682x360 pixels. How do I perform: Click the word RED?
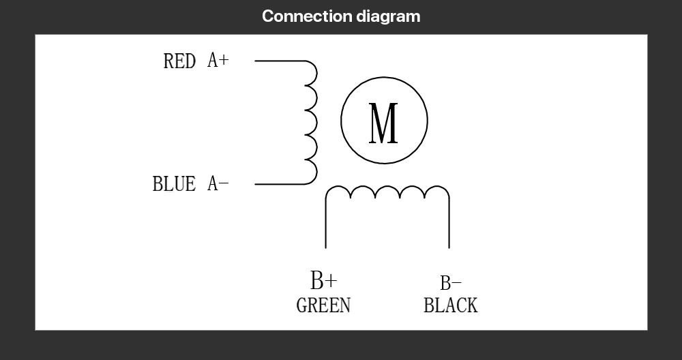click(x=179, y=61)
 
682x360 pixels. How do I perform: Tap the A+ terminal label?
click(x=218, y=61)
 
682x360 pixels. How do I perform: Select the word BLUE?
click(x=174, y=183)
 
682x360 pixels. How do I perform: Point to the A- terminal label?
click(x=218, y=183)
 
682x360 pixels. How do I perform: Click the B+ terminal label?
click(x=323, y=280)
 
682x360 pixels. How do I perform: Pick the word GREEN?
click(x=323, y=305)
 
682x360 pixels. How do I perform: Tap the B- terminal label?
click(x=450, y=283)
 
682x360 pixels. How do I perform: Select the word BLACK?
click(x=450, y=305)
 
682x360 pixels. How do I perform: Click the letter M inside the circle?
click(x=383, y=123)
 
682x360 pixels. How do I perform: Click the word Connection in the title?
click(x=307, y=16)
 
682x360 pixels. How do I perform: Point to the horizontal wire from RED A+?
click(x=280, y=61)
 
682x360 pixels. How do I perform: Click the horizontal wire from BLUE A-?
click(x=280, y=184)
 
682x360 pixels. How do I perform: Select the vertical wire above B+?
click(x=325, y=225)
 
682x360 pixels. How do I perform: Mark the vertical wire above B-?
click(x=449, y=225)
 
